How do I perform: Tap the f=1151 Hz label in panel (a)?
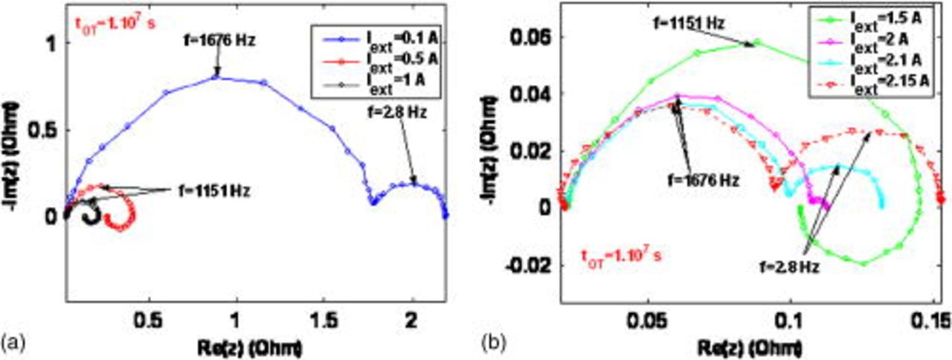coord(213,190)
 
